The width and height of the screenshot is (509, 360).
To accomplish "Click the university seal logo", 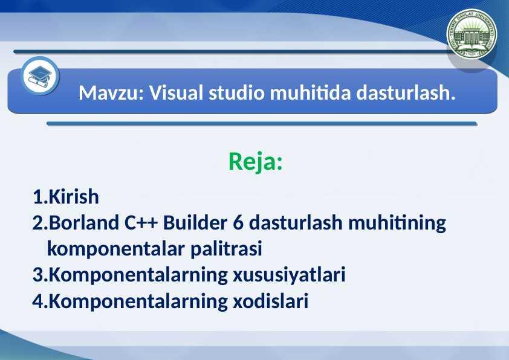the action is point(472,34).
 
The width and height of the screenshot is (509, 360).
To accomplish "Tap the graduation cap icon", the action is point(40,76).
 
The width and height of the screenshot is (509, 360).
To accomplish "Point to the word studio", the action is point(236,93).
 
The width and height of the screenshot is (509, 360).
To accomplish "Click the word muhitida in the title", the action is point(311,93).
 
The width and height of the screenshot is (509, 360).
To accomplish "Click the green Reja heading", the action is point(256,161).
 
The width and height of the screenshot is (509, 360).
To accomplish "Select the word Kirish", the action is point(74,196).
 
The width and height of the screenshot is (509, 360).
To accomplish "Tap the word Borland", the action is point(84,223).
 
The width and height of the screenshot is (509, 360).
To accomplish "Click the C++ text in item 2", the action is point(141,223).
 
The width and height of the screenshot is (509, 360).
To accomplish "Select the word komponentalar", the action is point(116,249).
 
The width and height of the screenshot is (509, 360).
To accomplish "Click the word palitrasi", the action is point(226,249).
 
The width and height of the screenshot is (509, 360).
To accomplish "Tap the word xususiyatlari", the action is point(289,275).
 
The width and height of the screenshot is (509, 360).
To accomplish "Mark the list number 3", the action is point(38,275).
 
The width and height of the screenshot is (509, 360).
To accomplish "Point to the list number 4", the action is point(38,301).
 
